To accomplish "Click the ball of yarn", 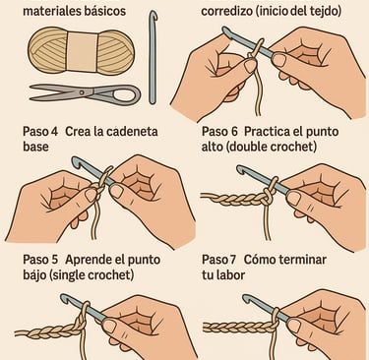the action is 81,49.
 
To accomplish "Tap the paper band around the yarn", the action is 83,50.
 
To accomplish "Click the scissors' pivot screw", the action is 82,92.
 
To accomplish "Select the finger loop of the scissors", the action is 127,95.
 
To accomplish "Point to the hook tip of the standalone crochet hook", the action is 154,15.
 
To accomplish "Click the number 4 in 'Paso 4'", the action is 54,132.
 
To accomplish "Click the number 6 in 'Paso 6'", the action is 233,132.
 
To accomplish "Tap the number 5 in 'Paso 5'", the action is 54,260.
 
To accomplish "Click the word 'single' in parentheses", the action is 68,274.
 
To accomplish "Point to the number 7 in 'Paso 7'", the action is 232,260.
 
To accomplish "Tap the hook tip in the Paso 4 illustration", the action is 76,161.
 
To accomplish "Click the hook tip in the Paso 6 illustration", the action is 241,169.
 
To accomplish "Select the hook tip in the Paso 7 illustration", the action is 247,298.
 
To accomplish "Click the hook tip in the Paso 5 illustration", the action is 65,298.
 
